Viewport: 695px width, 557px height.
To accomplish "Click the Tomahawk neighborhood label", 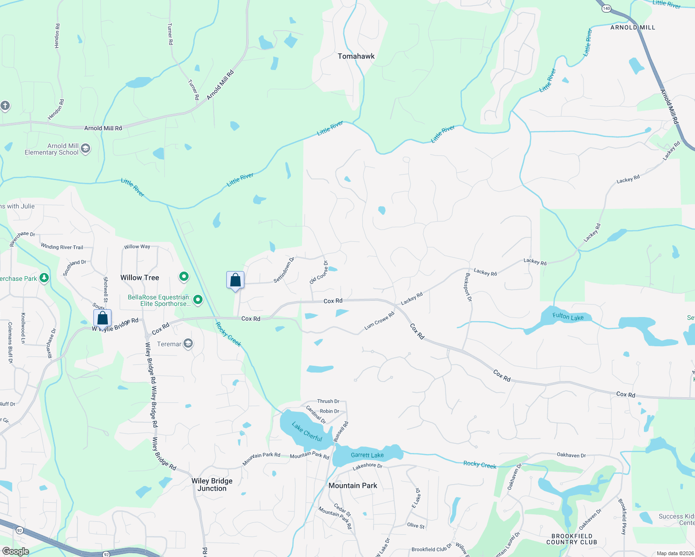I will (x=356, y=56).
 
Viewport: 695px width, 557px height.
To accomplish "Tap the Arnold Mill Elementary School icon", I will (x=85, y=149).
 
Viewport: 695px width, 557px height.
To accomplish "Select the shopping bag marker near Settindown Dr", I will (x=236, y=280).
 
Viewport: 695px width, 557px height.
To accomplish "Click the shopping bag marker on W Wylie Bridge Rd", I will (x=103, y=318).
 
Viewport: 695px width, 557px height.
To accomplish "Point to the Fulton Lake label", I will (x=568, y=317).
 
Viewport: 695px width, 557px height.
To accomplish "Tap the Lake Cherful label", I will (x=307, y=431).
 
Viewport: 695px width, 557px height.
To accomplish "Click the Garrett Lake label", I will (x=367, y=455).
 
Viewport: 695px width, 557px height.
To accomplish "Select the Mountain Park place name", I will (x=353, y=486).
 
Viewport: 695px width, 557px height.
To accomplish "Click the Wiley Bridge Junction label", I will (x=212, y=485).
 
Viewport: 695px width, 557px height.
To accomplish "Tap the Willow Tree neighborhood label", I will (x=139, y=278).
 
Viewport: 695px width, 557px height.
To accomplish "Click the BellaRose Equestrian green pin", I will (x=198, y=300).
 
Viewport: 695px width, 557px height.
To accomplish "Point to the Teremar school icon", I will (x=188, y=343).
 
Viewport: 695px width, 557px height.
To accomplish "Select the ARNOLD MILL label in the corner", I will (x=632, y=27).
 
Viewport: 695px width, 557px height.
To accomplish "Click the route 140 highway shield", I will (x=606, y=8).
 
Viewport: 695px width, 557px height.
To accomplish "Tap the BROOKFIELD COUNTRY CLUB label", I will (x=571, y=539).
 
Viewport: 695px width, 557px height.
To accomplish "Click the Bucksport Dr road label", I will (x=468, y=287).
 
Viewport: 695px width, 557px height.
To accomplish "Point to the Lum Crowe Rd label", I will (x=379, y=321).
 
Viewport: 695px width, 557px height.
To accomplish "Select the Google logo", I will (x=15, y=551).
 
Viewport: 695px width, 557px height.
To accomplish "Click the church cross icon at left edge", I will (x=5, y=106).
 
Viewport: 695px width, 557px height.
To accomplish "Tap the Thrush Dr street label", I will (x=328, y=401).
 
